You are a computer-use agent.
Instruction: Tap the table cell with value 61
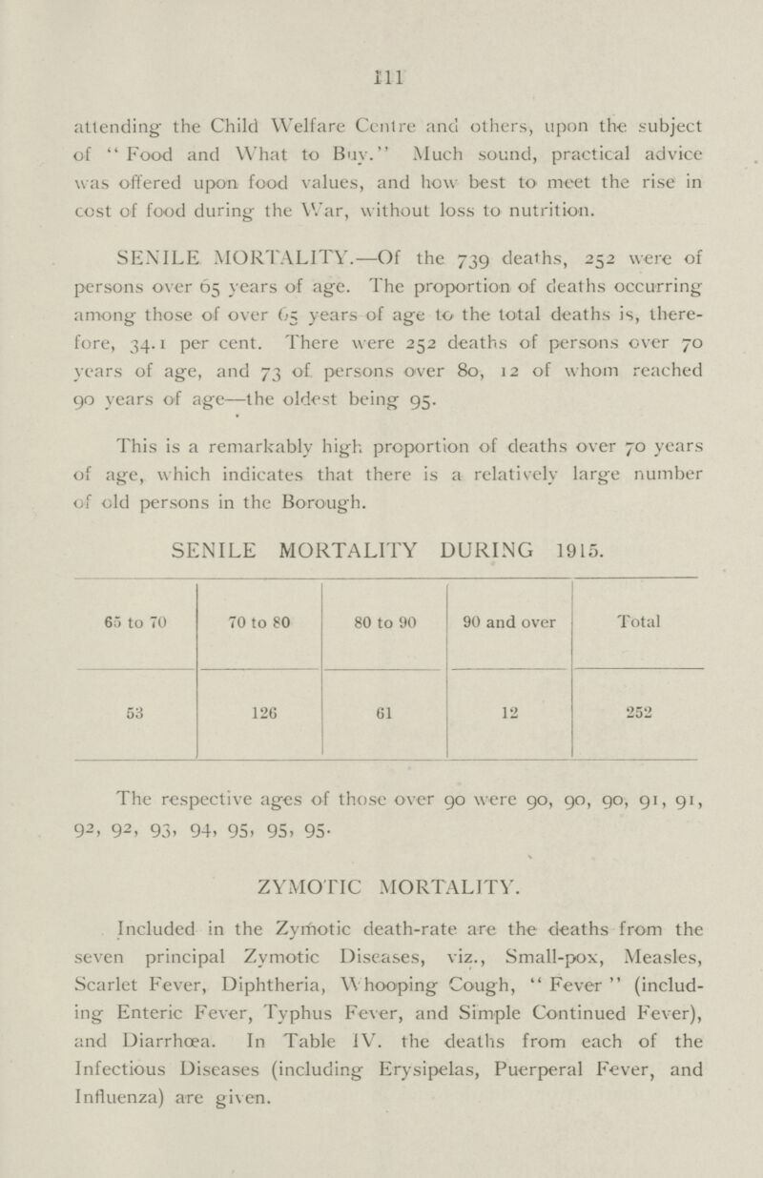pyautogui.click(x=385, y=709)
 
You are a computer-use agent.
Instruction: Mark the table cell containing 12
pyautogui.click(x=508, y=709)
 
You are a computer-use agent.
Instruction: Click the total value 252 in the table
pyautogui.click(x=636, y=709)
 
